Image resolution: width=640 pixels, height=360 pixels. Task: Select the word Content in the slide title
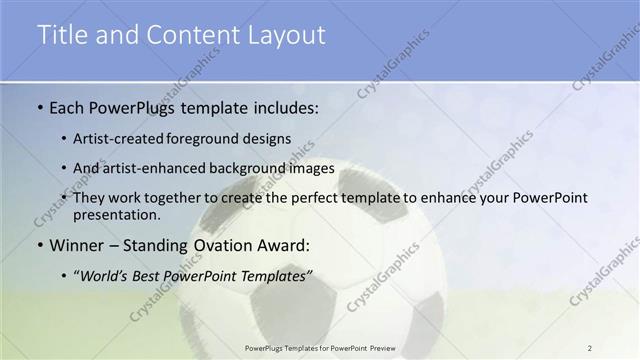(x=191, y=35)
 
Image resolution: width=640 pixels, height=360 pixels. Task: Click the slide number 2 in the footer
(x=590, y=346)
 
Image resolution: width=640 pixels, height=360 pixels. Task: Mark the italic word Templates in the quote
(x=271, y=274)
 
